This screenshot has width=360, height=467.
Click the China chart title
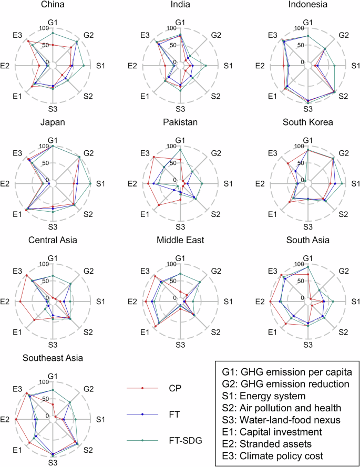pyautogui.click(x=53, y=5)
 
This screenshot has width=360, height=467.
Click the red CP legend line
pyautogui.click(x=142, y=388)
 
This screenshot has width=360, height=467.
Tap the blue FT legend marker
pyautogui.click(x=142, y=414)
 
